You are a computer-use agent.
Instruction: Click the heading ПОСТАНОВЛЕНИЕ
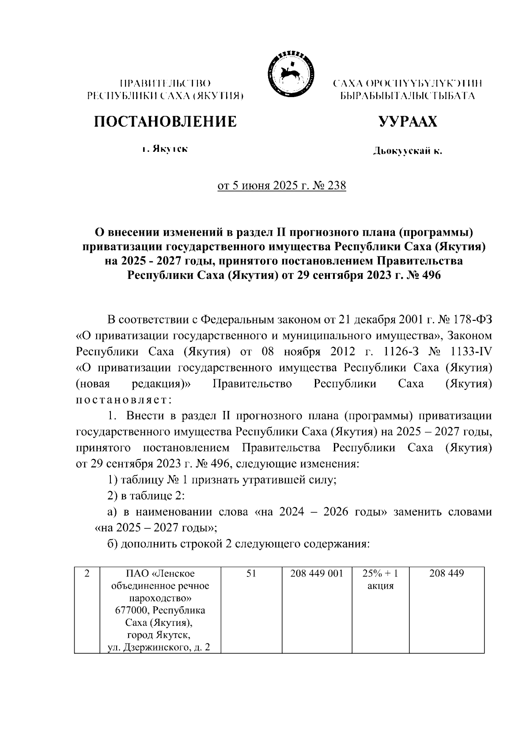pyautogui.click(x=165, y=122)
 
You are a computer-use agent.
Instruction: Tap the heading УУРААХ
pyautogui.click(x=408, y=122)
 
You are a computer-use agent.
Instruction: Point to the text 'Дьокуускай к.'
pyautogui.click(x=408, y=152)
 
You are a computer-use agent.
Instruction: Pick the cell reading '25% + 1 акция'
pyautogui.click(x=380, y=580)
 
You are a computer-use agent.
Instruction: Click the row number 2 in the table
pyautogui.click(x=87, y=574)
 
